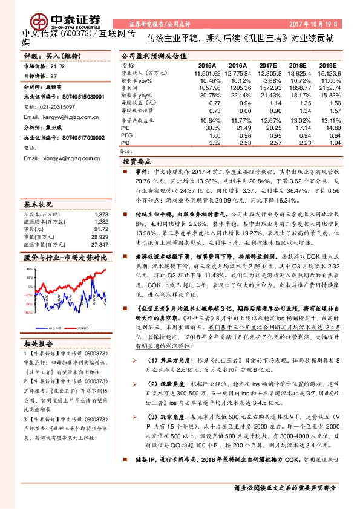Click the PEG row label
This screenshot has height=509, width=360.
point(126,135)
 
